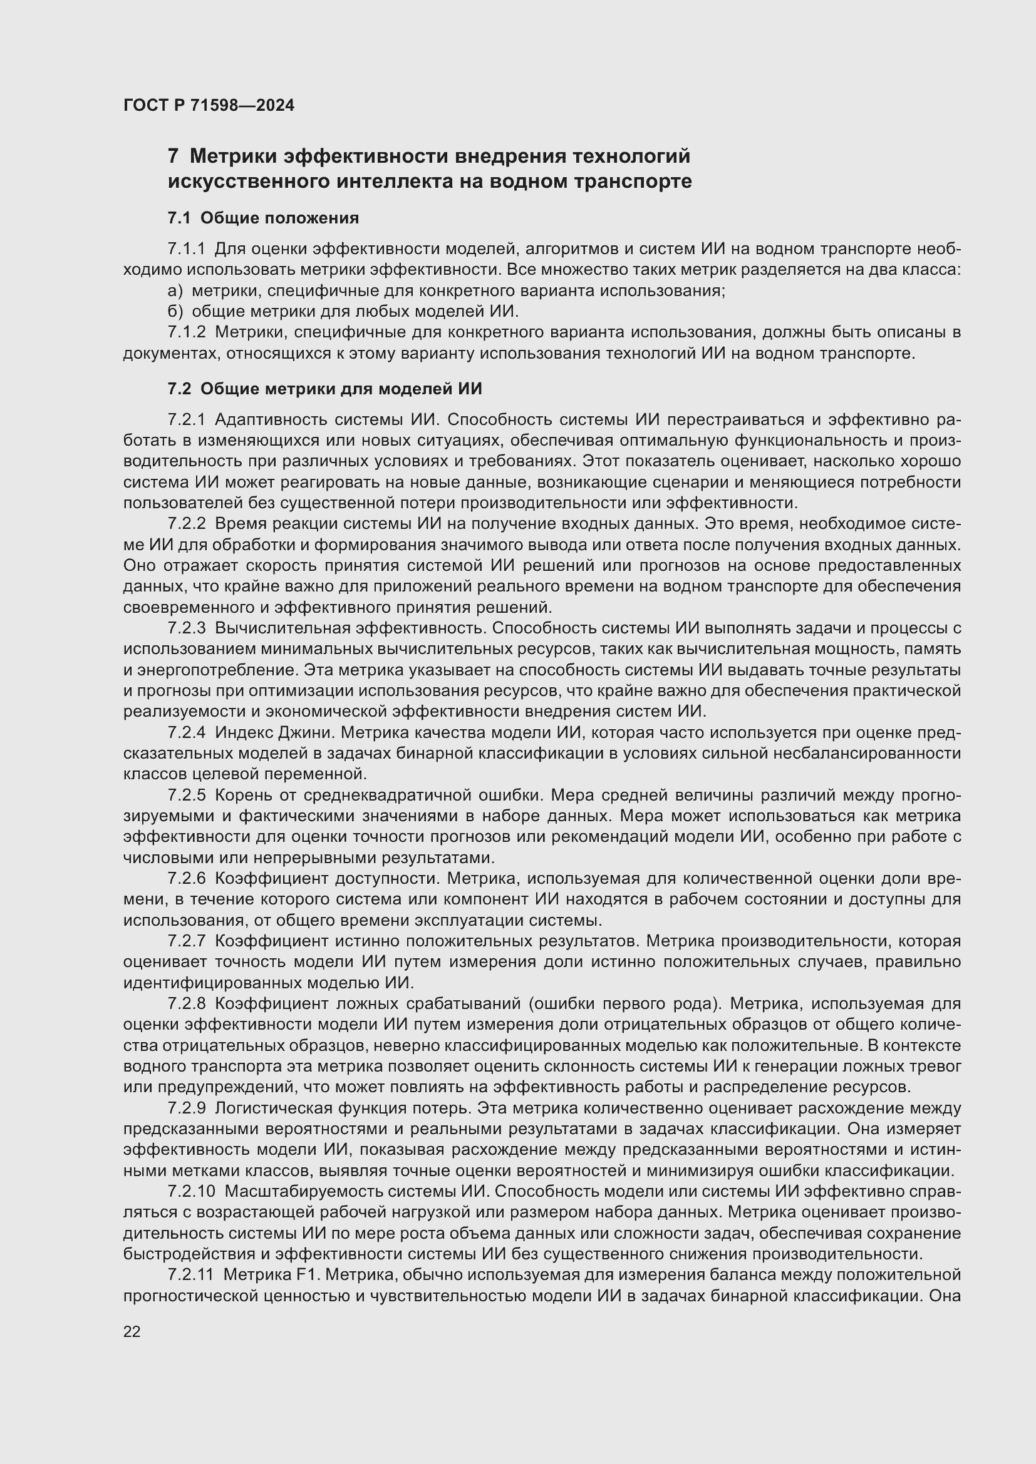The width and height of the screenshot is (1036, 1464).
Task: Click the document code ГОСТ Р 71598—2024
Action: tap(209, 105)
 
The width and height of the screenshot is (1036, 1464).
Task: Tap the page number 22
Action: tap(132, 1331)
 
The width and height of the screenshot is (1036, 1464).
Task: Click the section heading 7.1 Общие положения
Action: tap(264, 218)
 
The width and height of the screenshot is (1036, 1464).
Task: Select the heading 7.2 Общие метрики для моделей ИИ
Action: tap(324, 388)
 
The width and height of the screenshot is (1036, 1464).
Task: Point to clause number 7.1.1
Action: tap(187, 248)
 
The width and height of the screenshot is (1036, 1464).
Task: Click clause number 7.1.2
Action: tap(187, 332)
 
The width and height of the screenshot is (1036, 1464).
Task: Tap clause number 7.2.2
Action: tap(187, 523)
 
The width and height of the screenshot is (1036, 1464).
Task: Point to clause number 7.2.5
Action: tap(187, 795)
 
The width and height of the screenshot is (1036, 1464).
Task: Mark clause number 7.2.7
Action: tap(187, 941)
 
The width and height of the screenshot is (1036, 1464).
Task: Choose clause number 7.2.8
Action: tap(187, 1003)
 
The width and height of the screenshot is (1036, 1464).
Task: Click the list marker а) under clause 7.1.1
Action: tap(175, 291)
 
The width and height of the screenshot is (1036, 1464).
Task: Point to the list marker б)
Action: tap(175, 312)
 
